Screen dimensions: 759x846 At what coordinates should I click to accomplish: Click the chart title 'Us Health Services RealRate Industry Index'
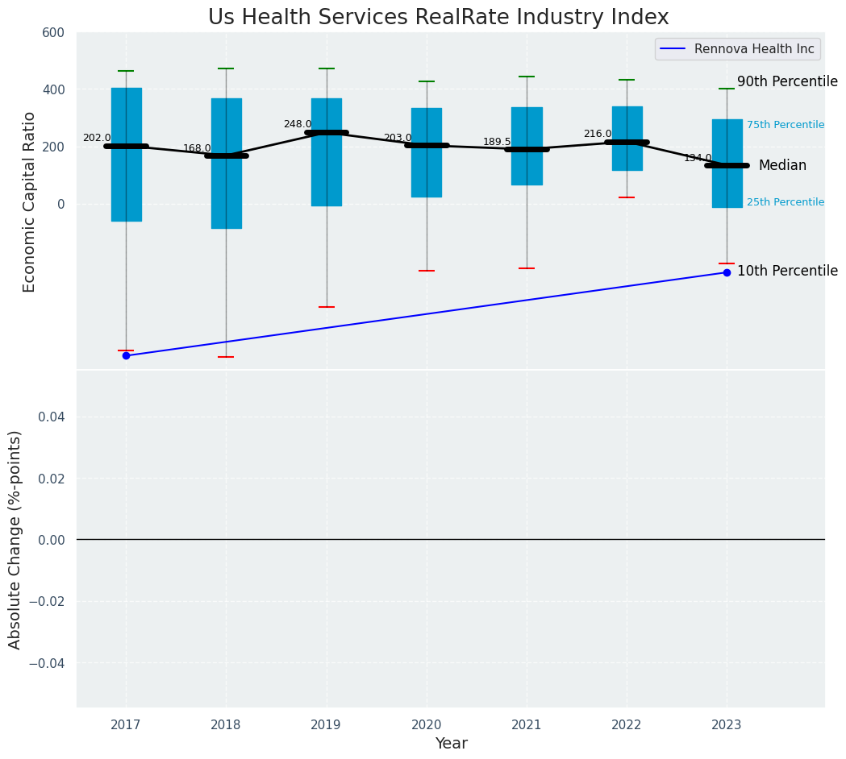coord(438,18)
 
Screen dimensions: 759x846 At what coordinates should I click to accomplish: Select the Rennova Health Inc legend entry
coord(737,49)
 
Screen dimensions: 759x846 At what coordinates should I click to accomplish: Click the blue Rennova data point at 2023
coord(727,272)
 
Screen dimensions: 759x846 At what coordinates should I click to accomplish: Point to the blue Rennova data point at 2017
coord(126,355)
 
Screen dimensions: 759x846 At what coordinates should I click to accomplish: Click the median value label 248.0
coord(297,124)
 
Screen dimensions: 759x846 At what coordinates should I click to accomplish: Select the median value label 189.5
coord(497,142)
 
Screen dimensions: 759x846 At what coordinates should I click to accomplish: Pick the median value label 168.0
coord(197,148)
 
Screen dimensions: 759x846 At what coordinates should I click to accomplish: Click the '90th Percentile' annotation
coord(787,81)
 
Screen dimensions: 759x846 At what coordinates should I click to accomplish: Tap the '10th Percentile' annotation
coord(787,271)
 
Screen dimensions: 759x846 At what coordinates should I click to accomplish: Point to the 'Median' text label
coord(782,165)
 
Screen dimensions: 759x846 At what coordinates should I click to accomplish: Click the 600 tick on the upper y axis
coord(54,32)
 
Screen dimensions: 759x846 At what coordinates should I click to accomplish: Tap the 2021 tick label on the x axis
coord(527,725)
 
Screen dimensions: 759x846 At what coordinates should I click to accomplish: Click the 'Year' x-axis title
coord(451,744)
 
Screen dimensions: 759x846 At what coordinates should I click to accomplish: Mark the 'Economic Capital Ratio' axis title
coord(30,201)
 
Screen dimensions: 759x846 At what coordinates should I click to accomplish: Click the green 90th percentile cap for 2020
coord(427,81)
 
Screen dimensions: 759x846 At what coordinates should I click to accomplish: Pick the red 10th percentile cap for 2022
coord(627,197)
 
